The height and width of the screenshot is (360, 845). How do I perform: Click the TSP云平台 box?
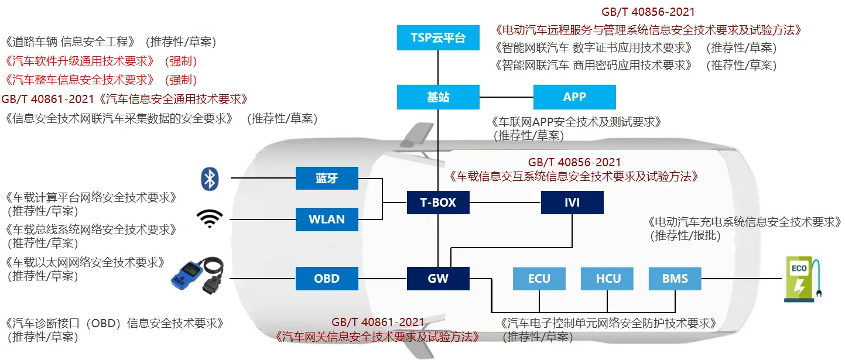438,37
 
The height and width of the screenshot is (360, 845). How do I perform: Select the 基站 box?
438,97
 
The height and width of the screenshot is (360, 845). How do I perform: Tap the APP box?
574,97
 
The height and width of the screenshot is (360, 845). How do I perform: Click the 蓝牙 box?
327,178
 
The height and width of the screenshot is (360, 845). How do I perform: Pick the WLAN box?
327,219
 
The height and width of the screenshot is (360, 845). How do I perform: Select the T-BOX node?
438,203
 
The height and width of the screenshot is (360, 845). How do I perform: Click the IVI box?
572,203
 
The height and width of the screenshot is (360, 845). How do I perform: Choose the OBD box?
327,279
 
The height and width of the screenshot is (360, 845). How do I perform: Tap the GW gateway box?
438,279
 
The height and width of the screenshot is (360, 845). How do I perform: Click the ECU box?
539,279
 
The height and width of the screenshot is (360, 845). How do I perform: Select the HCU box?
607,279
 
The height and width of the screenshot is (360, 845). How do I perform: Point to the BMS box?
675,279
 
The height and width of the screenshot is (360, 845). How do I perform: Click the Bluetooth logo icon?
210,179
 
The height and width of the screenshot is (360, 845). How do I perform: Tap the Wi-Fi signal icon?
210,219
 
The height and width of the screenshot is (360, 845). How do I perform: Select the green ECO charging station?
803,279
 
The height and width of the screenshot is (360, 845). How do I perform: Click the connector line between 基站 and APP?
507,97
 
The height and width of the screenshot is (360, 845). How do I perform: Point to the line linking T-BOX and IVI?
505,203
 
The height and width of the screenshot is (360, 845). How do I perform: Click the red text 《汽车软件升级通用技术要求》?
80,61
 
